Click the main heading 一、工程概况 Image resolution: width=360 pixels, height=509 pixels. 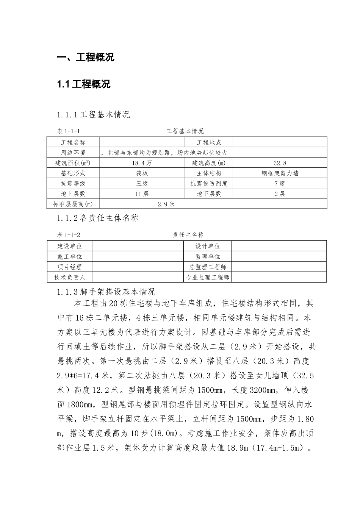pos(85,58)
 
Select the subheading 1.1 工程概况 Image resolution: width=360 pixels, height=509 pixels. pos(83,84)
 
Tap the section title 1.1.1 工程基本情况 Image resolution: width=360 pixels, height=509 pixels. pos(93,114)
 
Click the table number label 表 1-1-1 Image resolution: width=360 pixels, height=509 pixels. pos(68,131)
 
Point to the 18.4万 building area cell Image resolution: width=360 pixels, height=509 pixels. pos(142,163)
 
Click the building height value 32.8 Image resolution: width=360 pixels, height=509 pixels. pos(280,163)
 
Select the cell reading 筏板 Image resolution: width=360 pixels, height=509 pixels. pos(142,173)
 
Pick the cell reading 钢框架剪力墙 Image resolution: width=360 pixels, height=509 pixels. pos(280,173)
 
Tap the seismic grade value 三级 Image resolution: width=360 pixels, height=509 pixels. pos(142,184)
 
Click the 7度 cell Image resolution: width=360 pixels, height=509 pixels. pos(280,184)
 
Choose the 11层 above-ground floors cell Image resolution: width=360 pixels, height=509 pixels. pos(142,194)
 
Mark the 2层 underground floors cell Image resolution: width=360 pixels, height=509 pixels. pos(280,194)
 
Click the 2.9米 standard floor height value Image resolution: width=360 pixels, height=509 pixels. pos(166,204)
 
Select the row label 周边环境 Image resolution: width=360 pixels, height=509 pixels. pos(73,153)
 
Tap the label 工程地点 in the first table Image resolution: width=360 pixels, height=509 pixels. pos(209,143)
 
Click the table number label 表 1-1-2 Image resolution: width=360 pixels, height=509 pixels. pos(68,235)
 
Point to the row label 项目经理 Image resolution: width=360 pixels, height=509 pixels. pos(69,267)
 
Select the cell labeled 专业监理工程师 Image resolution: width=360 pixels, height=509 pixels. pos(208,277)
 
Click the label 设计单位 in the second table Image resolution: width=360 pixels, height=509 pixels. pos(208,246)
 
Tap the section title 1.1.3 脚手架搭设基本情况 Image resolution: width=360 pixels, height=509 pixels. pos(106,292)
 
